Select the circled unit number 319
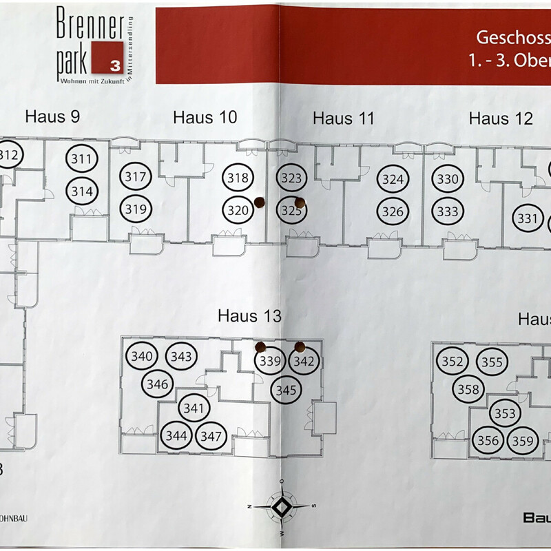click(136, 207)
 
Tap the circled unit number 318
click(237, 178)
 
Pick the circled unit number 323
click(292, 178)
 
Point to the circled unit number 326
click(393, 211)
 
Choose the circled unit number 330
click(448, 179)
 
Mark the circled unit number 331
click(527, 219)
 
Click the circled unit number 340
click(142, 357)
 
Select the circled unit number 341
click(195, 408)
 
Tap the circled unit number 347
click(212, 435)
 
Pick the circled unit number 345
click(286, 390)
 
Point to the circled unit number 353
click(505, 414)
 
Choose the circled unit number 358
click(468, 389)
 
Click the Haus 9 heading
click(52, 116)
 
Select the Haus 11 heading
click(343, 118)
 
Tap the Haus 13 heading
click(250, 315)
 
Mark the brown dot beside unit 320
click(260, 202)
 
